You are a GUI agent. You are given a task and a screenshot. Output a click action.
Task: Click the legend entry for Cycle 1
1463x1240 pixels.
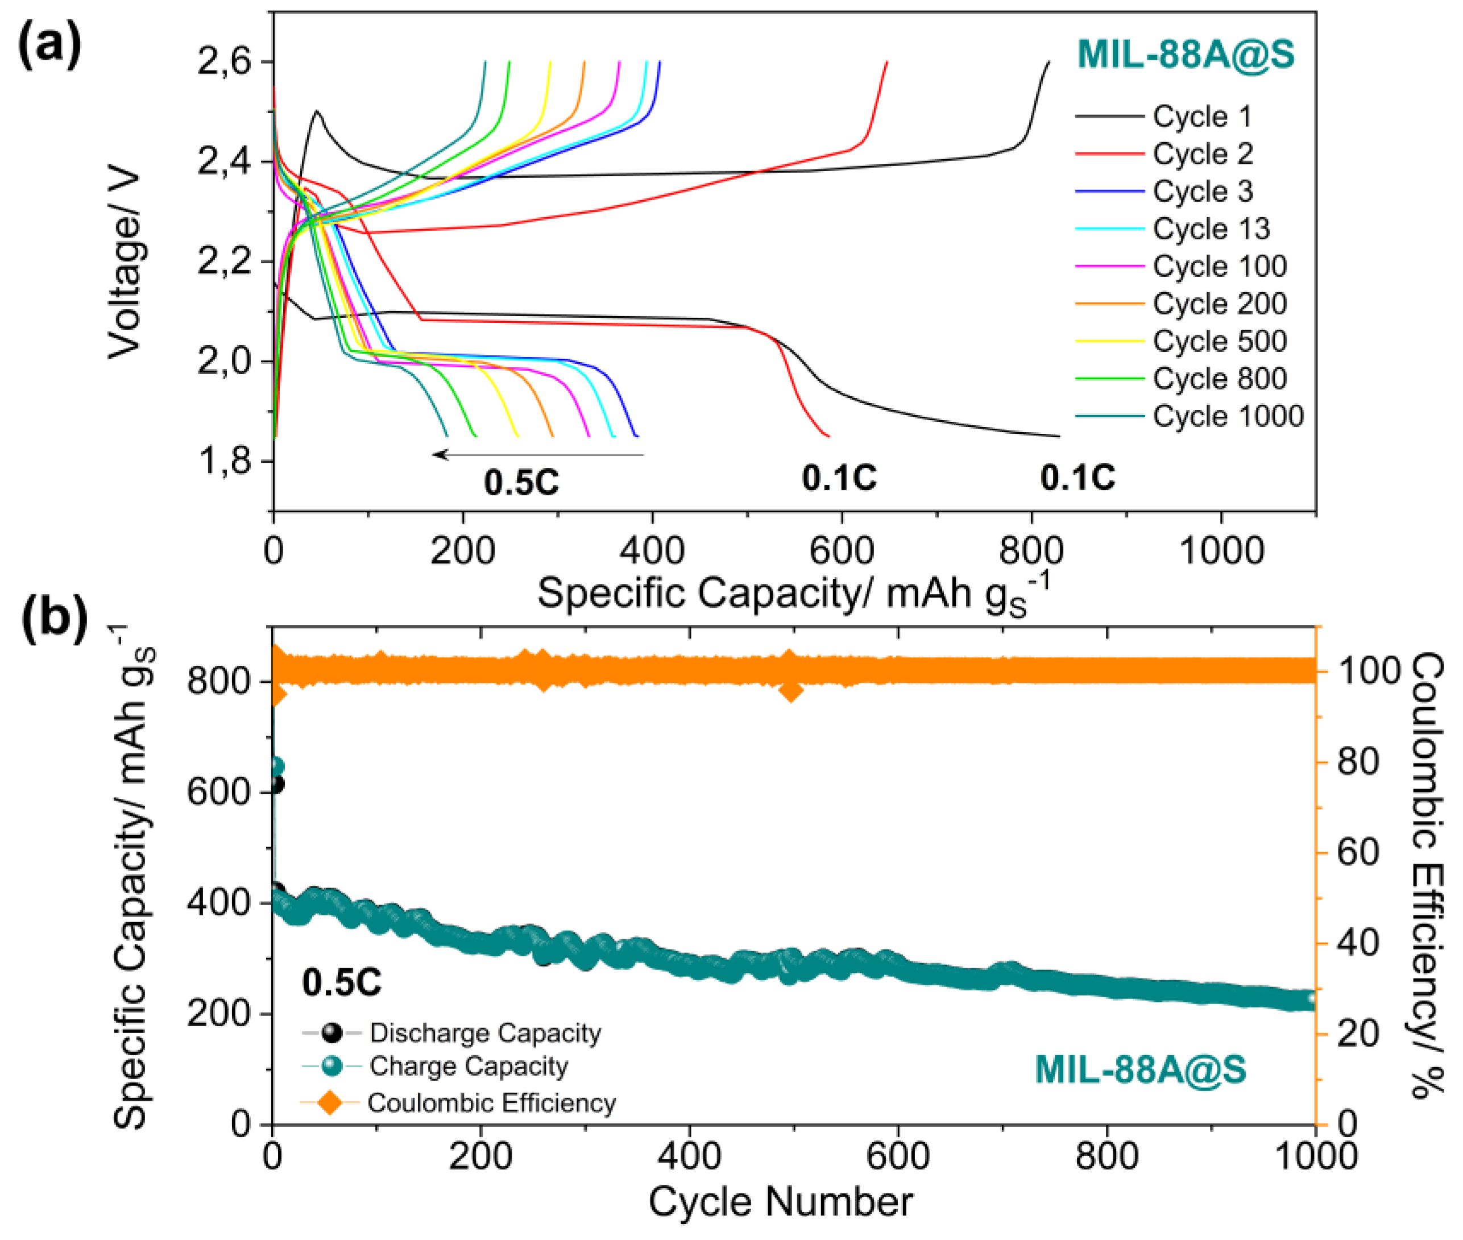(x=1202, y=117)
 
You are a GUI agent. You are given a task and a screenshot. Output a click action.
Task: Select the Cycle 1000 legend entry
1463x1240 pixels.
(x=1228, y=416)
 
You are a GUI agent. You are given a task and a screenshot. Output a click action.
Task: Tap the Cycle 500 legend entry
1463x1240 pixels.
(x=1220, y=342)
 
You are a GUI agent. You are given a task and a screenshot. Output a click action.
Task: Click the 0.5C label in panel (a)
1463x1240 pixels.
(x=521, y=482)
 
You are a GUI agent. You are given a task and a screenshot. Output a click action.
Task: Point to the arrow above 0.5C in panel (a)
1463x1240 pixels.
(x=538, y=455)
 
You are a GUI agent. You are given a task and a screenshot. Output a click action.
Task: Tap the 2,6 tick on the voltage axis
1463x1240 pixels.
(x=223, y=63)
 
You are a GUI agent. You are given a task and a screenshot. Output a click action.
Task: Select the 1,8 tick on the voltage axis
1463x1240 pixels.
(x=223, y=462)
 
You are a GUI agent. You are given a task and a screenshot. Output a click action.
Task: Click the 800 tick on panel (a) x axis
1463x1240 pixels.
(x=1031, y=550)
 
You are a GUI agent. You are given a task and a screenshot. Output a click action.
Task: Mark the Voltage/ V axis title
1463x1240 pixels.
(x=125, y=262)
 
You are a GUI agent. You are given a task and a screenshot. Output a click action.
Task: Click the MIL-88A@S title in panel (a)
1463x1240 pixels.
(x=1186, y=54)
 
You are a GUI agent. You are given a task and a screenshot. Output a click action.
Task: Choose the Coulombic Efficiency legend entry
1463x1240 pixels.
(x=491, y=1103)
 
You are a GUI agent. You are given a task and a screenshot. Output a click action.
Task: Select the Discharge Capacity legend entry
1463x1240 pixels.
(x=485, y=1032)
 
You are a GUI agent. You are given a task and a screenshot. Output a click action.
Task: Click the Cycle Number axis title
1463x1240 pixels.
(x=780, y=1201)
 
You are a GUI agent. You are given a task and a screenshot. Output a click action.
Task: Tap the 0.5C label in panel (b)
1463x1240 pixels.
(x=342, y=982)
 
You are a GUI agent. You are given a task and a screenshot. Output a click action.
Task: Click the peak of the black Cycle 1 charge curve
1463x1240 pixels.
(x=318, y=110)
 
